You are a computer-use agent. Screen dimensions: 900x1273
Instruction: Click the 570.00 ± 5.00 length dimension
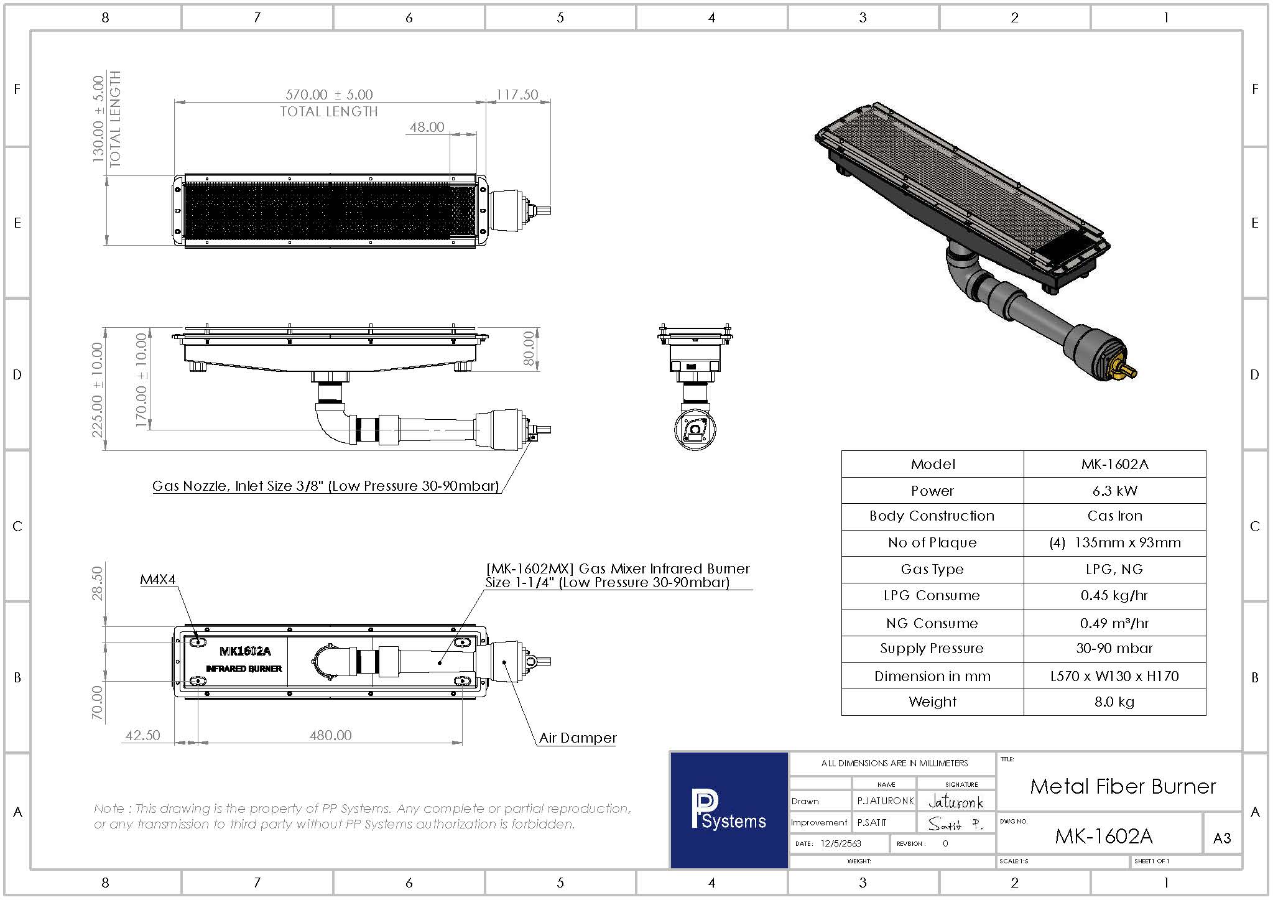pos(329,95)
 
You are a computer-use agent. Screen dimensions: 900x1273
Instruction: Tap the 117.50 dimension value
pos(517,95)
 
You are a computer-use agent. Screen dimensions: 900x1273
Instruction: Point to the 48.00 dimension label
pos(427,127)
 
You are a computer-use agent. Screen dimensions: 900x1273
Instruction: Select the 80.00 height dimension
pos(529,348)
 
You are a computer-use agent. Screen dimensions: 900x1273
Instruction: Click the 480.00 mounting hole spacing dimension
pos(330,735)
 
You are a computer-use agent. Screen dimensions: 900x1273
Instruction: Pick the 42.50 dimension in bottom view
pos(142,735)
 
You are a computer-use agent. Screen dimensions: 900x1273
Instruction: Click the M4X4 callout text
pos(157,580)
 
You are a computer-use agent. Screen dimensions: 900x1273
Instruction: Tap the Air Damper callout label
pos(577,738)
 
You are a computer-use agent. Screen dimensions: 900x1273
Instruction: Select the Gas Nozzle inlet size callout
pos(325,486)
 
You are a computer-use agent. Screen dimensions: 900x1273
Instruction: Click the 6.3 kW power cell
pos(1114,491)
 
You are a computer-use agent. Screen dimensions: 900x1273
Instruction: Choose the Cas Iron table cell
pos(1114,516)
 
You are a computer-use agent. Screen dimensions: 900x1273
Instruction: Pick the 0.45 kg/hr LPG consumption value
pos(1114,595)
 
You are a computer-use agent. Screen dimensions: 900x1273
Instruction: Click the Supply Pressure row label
pos(932,648)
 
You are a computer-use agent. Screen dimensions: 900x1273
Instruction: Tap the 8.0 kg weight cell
pos(1114,702)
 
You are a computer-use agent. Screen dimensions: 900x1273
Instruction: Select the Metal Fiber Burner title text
pos(1123,786)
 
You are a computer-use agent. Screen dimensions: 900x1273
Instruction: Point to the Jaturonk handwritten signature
pos(955,802)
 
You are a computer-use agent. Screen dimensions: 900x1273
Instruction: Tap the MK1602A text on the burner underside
pos(245,651)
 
